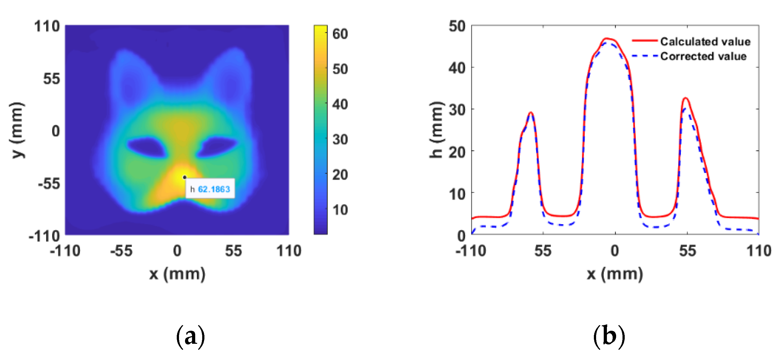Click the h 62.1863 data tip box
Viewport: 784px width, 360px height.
tap(210, 189)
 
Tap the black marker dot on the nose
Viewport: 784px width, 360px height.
tap(185, 177)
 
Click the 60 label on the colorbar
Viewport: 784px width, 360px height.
tap(340, 34)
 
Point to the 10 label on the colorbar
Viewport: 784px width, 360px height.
tap(340, 210)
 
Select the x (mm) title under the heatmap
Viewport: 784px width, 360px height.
tap(177, 274)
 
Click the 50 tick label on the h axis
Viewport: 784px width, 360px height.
tap(457, 26)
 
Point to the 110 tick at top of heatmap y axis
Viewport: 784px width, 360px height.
tap(47, 26)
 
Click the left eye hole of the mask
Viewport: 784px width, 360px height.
tap(147, 147)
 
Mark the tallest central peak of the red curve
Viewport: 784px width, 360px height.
tap(607, 39)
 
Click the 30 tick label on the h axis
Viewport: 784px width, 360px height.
tap(457, 110)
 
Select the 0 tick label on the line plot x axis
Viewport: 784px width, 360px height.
tap(615, 251)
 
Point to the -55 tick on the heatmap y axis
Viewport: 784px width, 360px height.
tap(49, 184)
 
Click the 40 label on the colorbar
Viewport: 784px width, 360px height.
tap(340, 104)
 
